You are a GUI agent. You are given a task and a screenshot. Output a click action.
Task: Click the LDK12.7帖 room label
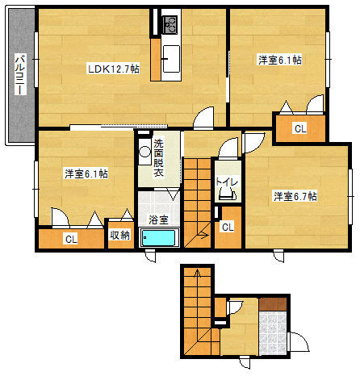113,69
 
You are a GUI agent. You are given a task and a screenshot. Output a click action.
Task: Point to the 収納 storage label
120,236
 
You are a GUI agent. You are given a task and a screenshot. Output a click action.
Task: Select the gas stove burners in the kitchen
171,26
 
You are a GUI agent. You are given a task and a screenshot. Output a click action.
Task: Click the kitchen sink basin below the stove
172,58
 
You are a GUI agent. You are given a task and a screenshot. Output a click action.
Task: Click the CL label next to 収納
71,239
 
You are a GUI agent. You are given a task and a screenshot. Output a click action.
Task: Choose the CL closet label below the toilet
228,228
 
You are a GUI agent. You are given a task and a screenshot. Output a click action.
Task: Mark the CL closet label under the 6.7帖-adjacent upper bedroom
299,128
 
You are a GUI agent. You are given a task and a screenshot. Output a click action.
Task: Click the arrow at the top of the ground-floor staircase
194,276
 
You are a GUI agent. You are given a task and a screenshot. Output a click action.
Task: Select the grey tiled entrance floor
273,332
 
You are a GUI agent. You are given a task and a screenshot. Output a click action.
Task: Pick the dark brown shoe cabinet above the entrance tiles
273,304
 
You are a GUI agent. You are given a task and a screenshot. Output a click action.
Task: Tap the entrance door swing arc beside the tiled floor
297,342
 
